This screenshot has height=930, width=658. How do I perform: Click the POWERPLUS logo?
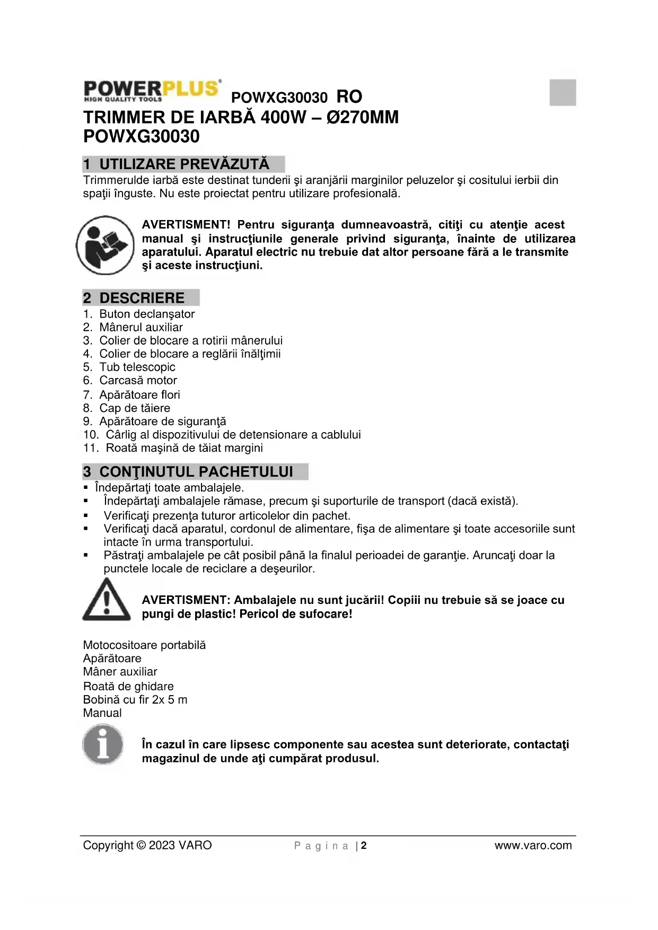[152, 91]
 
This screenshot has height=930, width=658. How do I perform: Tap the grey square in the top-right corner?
[563, 92]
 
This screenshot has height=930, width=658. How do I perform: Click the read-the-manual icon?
[106, 245]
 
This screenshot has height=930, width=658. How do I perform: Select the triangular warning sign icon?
[107, 600]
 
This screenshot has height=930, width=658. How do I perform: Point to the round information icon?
[103, 745]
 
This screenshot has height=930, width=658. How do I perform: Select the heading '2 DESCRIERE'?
[142, 298]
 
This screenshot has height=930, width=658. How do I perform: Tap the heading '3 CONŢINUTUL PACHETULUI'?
[196, 472]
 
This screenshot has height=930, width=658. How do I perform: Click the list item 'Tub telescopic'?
[137, 367]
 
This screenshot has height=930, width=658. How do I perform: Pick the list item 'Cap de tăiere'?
[135, 408]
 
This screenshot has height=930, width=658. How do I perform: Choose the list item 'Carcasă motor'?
[138, 380]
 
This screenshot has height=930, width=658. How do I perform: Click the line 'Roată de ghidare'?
[128, 686]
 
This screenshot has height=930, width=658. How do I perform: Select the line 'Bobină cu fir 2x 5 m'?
[135, 699]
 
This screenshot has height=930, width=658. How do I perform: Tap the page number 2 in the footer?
[364, 846]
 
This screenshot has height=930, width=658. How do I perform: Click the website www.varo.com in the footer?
[533, 846]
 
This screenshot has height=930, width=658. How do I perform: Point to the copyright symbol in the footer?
[141, 846]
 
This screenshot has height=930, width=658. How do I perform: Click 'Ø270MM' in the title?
[363, 117]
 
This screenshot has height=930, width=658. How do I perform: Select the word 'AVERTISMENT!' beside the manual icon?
[186, 225]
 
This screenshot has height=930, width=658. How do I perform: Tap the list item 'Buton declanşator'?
[147, 314]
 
